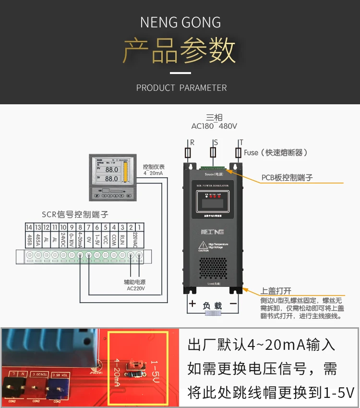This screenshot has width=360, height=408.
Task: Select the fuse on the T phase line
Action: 238,153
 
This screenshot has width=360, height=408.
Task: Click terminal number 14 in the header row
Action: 29,227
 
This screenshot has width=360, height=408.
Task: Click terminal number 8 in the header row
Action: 80,227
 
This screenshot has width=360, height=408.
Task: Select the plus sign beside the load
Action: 192,304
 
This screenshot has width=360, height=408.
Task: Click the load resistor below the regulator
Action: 213,313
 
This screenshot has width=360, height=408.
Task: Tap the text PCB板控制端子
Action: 287,177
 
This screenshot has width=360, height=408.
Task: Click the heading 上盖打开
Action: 276,291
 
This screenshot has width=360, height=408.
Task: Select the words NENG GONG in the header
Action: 180,23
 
